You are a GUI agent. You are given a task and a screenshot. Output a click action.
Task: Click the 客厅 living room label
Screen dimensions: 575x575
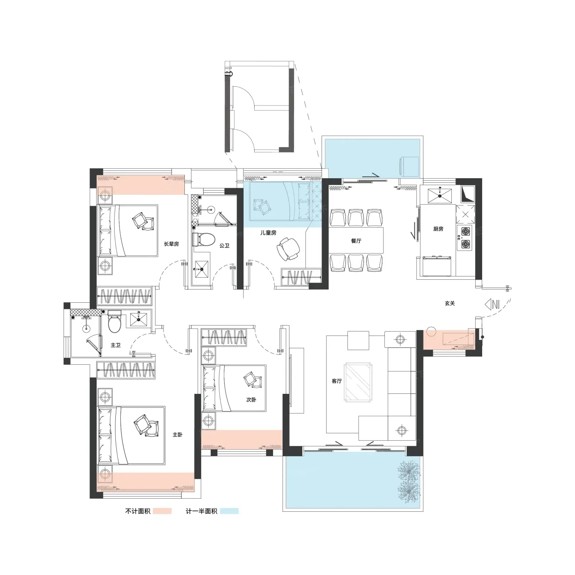point(337,381)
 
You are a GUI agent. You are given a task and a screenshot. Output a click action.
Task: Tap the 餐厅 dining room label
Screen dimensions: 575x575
point(356,241)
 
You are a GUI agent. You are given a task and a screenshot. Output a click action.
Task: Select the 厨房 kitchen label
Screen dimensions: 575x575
point(438,229)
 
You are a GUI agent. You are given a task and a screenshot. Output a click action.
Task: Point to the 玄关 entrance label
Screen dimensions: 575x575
point(450,303)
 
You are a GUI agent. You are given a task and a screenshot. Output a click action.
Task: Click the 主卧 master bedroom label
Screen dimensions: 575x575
point(177,435)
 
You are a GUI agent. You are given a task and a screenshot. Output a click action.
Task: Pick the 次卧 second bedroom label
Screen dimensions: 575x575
point(251,400)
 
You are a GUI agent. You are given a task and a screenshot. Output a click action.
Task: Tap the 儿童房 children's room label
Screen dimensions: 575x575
point(268,232)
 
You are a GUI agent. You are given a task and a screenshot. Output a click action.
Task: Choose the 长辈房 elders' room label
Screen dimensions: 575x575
point(171,244)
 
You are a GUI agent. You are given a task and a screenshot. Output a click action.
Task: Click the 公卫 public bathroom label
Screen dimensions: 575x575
point(224,246)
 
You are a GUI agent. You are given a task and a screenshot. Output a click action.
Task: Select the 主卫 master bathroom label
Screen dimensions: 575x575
point(115,345)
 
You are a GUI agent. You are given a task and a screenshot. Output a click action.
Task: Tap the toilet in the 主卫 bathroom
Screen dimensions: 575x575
point(114,321)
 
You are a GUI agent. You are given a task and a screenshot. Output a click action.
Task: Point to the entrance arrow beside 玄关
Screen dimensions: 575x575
point(492,304)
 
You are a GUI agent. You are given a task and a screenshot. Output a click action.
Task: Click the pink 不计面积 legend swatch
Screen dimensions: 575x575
point(162,511)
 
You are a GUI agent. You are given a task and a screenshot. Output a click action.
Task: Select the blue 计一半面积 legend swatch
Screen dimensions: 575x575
point(229,511)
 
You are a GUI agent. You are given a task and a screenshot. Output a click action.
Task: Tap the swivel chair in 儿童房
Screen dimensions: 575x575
point(288,249)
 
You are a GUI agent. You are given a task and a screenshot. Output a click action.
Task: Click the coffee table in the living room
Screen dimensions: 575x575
point(358,382)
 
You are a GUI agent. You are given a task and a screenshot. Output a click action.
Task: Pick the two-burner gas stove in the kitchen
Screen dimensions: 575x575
point(465,238)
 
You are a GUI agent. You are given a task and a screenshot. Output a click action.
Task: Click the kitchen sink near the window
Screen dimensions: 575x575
point(440,196)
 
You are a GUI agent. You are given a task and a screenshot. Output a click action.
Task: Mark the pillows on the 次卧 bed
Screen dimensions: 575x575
point(253,380)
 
